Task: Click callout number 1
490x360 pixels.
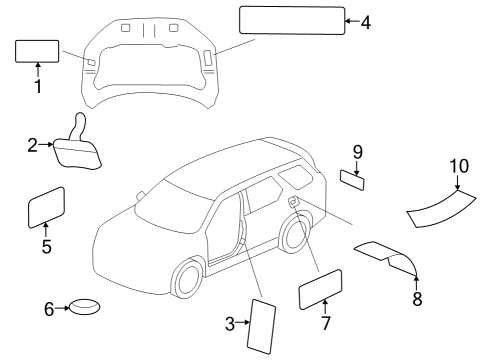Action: click(37, 87)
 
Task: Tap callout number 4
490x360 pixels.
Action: click(366, 20)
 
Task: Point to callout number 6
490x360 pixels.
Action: click(47, 309)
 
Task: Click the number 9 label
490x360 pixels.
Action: click(356, 152)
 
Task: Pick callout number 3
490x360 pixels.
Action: click(229, 323)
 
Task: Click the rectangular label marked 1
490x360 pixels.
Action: click(37, 52)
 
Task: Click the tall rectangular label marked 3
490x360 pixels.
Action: click(262, 324)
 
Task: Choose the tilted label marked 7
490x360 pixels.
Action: click(320, 290)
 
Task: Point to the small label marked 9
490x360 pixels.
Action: click(352, 180)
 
